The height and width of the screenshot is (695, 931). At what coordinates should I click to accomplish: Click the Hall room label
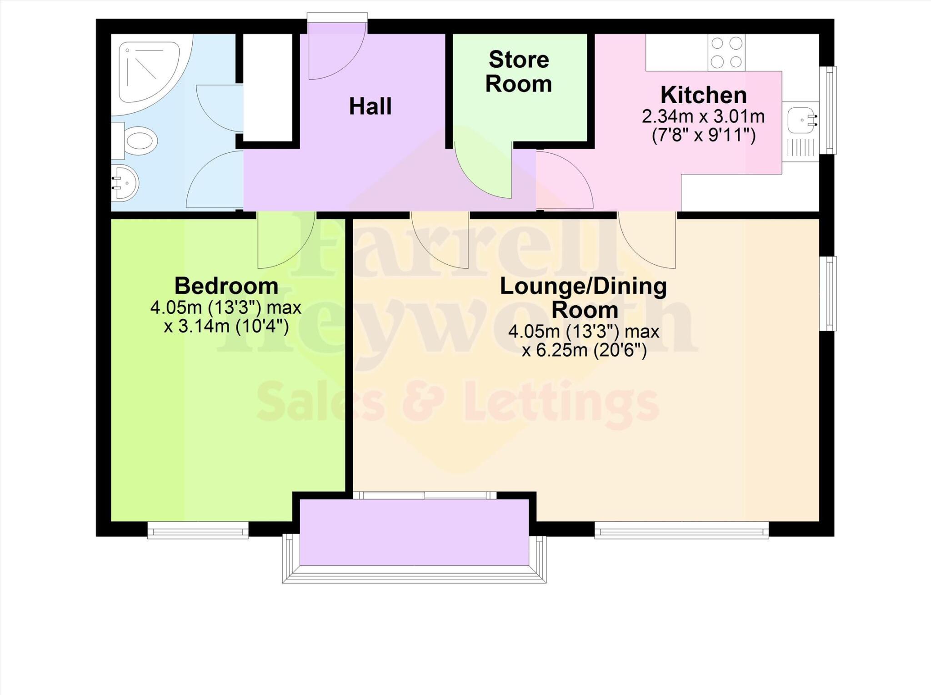click(370, 106)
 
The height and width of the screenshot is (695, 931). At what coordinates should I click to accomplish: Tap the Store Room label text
click(519, 72)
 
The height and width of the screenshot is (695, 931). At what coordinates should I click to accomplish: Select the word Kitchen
click(703, 95)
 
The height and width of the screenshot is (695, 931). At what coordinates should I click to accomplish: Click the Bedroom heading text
click(226, 286)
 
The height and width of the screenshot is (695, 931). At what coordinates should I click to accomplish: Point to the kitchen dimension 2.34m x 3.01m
click(703, 117)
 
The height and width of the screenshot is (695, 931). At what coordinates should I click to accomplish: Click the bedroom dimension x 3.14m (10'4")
click(226, 327)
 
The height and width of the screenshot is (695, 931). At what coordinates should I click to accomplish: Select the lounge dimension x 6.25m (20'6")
click(584, 351)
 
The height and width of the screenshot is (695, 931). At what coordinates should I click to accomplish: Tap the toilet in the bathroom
click(136, 139)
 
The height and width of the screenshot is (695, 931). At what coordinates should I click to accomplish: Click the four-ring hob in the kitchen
click(726, 52)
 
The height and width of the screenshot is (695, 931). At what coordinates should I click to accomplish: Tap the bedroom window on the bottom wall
click(198, 530)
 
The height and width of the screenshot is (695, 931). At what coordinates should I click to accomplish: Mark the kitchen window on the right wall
click(831, 110)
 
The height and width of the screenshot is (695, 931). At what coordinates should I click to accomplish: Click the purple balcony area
click(414, 532)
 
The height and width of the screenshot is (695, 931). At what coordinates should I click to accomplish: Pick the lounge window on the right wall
click(831, 293)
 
